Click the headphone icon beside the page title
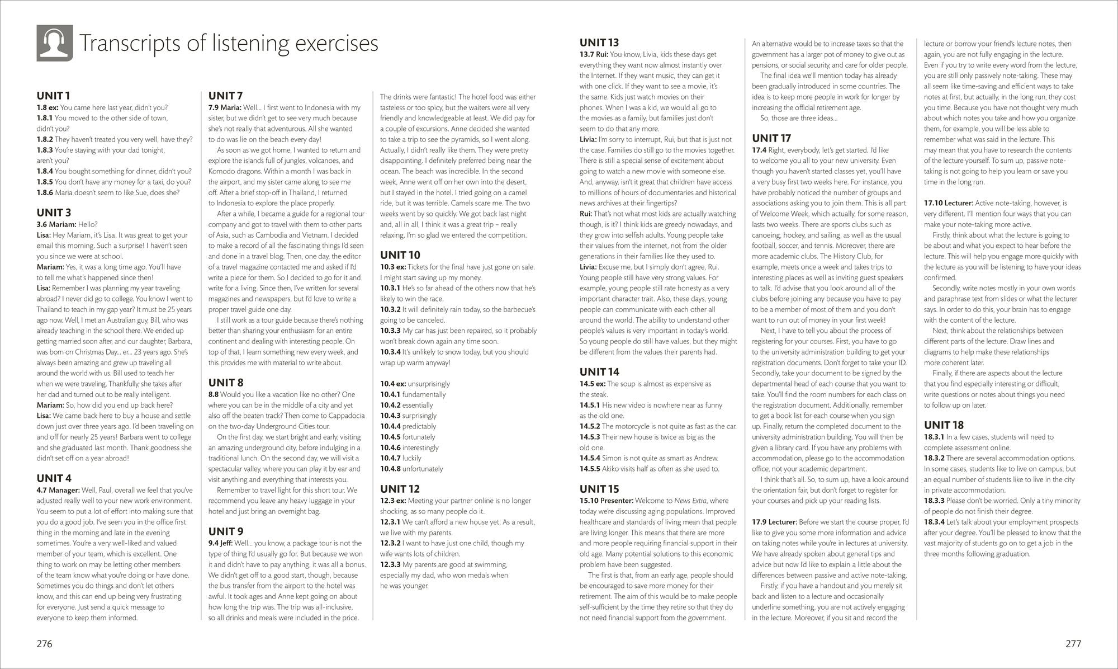55,43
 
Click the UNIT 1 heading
54,96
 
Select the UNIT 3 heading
54,213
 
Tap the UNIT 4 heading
54,478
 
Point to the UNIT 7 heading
226,96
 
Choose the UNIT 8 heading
226,383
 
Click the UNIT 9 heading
226,531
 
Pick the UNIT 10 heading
400,255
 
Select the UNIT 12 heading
400,489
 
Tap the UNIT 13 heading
599,43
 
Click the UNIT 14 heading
599,372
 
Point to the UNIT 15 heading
599,489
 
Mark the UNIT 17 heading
772,138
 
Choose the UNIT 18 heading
944,425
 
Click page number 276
44,644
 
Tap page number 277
1073,644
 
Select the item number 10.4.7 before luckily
390,458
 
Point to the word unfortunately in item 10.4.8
423,469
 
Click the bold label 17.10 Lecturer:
949,203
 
